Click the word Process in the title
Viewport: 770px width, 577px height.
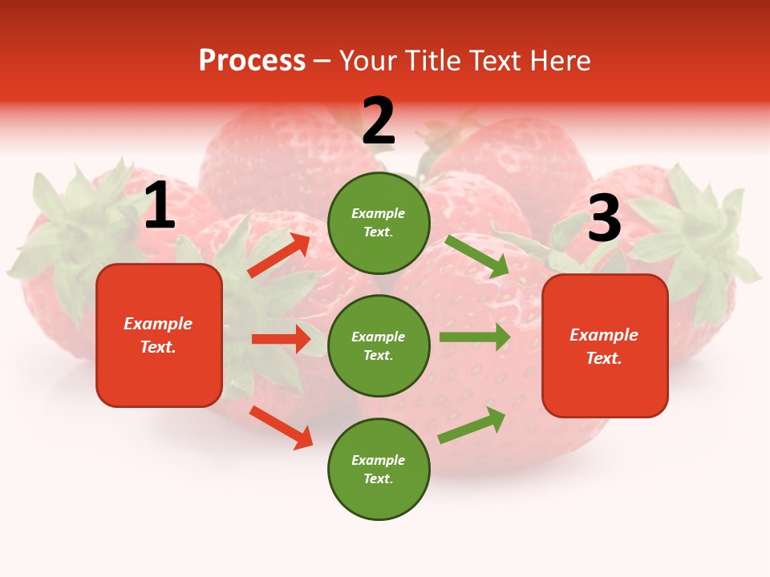click(252, 61)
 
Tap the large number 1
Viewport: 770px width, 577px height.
click(160, 207)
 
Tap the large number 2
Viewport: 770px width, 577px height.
click(379, 122)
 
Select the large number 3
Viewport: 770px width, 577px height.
click(604, 219)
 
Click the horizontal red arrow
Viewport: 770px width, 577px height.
click(281, 339)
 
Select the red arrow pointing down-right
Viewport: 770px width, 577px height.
click(282, 427)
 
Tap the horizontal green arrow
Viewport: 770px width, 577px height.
click(475, 337)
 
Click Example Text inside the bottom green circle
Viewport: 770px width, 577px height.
click(379, 470)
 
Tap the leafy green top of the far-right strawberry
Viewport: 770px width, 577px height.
click(698, 232)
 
